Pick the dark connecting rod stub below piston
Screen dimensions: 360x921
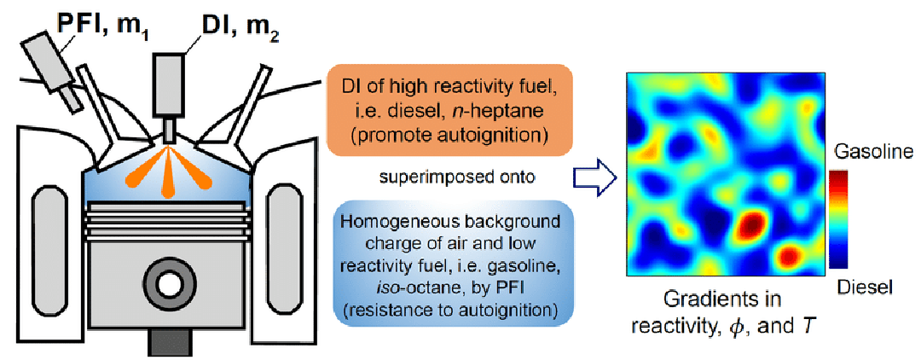(169, 341)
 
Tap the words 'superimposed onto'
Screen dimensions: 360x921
(438, 178)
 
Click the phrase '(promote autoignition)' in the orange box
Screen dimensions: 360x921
(437, 135)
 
